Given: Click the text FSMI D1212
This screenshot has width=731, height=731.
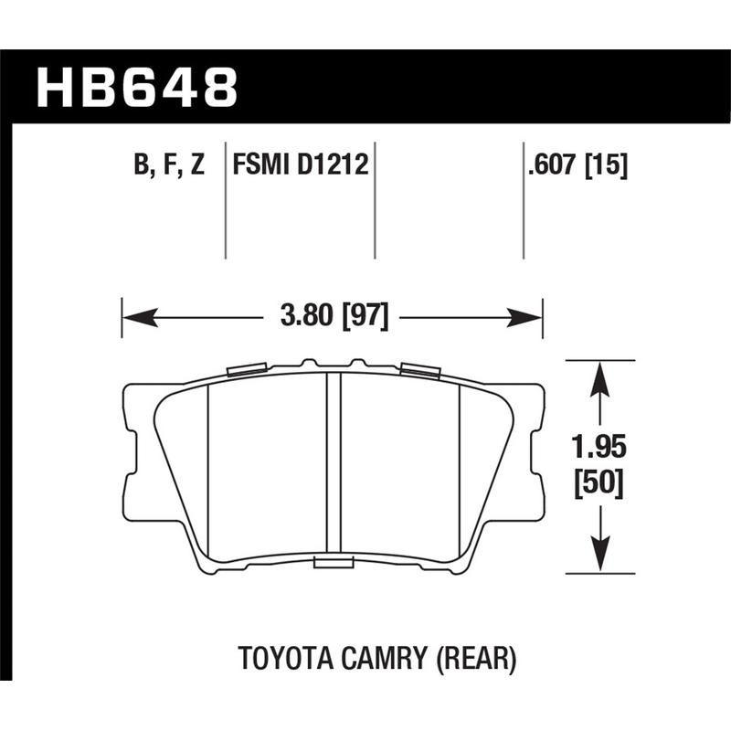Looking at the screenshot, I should coord(300,166).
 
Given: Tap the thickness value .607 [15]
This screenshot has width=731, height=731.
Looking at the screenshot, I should coord(575,166).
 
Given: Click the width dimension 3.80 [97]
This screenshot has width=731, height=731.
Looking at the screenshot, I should coord(333,318).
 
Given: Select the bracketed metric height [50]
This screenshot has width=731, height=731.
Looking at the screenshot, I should coord(599,484).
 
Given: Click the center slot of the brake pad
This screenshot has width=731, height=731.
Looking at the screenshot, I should coord(334,466).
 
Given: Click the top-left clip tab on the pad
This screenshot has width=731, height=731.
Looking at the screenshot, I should coord(245,369).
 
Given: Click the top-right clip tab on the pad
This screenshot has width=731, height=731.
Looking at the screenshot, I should coord(419,369).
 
